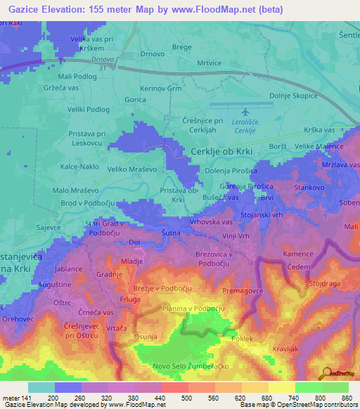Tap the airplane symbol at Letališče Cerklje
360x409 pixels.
tap(245, 112)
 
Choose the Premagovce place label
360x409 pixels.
tap(243, 290)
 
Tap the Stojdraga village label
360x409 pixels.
tap(324, 285)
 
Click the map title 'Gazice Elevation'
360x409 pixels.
tap(45, 8)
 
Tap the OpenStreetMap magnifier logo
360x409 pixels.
tap(327, 373)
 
